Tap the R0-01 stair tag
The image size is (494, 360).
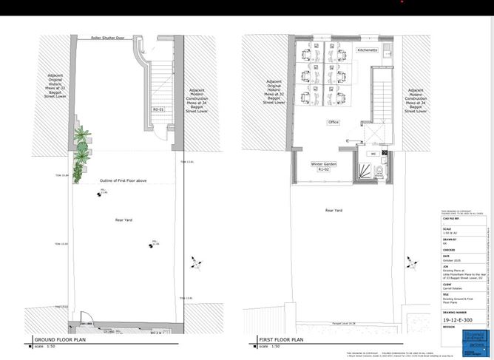(x=158, y=109)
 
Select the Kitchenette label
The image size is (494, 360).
(x=367, y=50)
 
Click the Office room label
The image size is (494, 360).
(x=334, y=122)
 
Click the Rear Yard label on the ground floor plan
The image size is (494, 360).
(x=123, y=219)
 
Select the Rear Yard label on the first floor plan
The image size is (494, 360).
(x=334, y=211)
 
